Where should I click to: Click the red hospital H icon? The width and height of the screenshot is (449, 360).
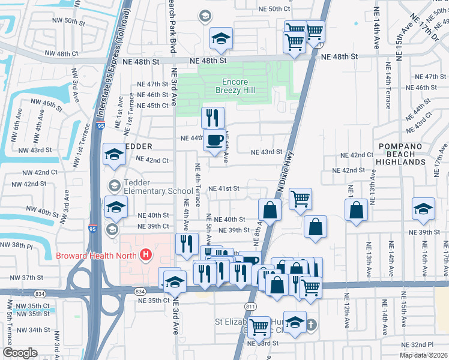[145, 256]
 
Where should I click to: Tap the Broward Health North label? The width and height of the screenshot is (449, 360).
[96, 256]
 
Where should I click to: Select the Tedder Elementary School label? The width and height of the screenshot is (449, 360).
[158, 187]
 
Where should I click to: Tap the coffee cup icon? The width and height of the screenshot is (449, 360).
[214, 140]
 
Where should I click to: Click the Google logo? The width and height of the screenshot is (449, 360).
[20, 353]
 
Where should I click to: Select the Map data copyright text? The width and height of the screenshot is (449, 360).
[423, 355]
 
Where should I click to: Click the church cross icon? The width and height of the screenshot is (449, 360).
[310, 325]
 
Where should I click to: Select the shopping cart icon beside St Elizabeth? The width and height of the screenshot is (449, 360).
[259, 327]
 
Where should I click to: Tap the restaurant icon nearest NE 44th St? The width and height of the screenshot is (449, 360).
[212, 117]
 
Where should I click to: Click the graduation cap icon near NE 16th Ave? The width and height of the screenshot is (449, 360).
[423, 208]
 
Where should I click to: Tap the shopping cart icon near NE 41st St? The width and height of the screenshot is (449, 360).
[300, 199]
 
